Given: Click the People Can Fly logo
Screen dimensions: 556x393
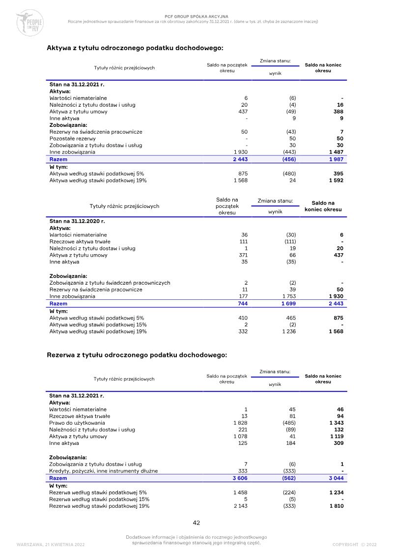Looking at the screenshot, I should (30, 23).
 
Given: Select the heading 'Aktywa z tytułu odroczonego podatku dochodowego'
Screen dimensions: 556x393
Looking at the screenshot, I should (135, 48).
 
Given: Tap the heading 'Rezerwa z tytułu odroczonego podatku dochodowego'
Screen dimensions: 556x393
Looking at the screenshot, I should (137, 354).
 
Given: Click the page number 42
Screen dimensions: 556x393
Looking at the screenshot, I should (196, 523).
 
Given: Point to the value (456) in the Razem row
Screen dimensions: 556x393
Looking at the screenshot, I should (289, 159).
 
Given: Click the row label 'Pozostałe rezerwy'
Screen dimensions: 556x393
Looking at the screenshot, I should (72, 139).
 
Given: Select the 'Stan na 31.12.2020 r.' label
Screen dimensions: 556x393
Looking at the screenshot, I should (77, 221).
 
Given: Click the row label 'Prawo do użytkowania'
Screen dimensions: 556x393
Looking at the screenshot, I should (77, 423).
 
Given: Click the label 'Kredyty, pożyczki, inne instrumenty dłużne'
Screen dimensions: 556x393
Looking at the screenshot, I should (104, 471).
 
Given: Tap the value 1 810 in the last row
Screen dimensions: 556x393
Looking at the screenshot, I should (336, 506).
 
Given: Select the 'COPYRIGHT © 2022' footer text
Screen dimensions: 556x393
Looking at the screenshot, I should (354, 544).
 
